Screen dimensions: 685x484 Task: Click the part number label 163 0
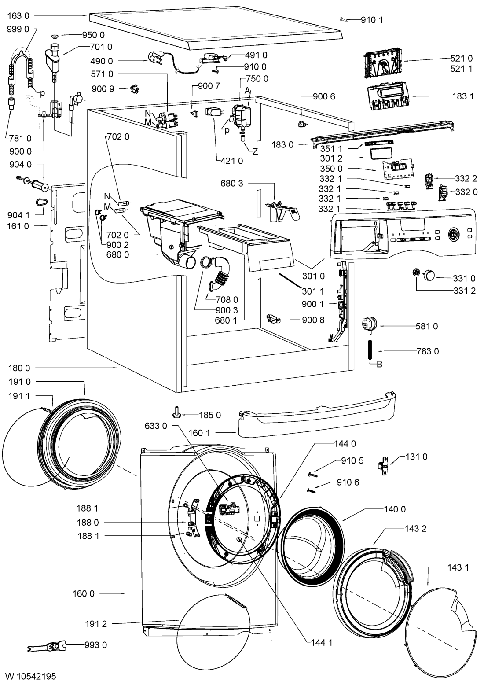[x=18, y=15]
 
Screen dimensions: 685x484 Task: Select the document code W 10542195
[x=31, y=676]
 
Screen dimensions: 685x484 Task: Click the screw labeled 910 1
[x=344, y=19]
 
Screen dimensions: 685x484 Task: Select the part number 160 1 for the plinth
[x=200, y=433]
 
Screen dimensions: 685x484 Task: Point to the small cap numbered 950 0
[x=55, y=36]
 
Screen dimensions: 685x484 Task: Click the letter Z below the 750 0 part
[x=255, y=151]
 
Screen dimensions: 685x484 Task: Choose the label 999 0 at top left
[x=18, y=29]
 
